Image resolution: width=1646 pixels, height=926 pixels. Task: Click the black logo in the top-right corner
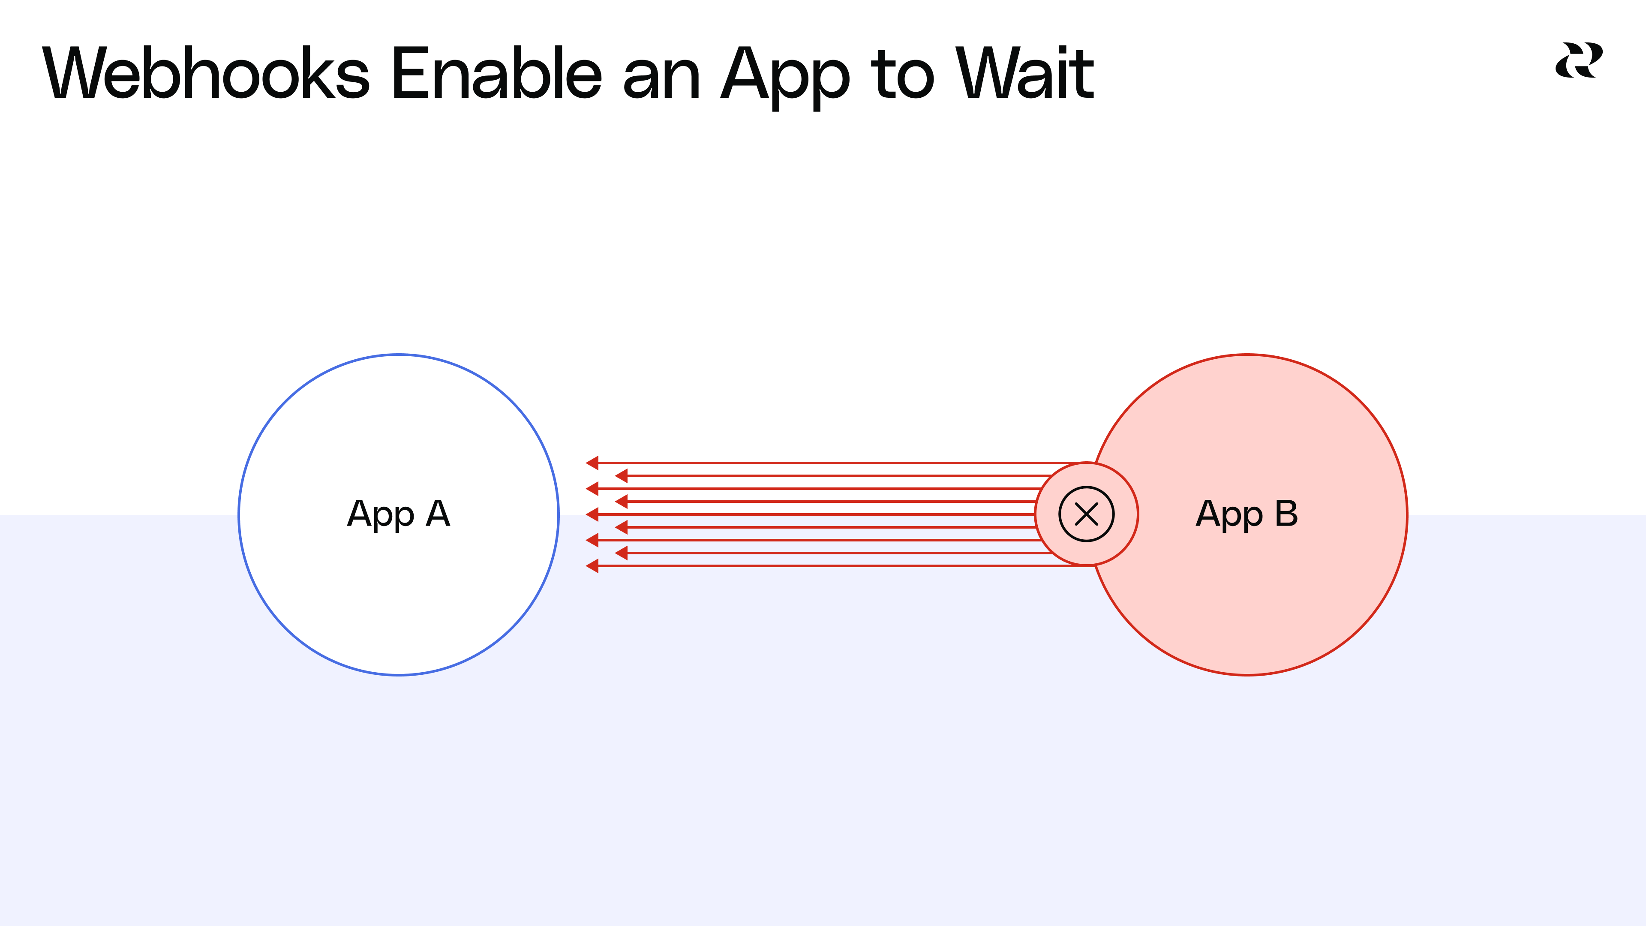pos(1578,61)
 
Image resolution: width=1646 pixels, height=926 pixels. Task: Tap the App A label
pos(399,514)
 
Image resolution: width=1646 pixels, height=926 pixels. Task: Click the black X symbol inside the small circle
pos(1086,514)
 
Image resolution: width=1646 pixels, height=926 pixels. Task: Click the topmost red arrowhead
pos(592,463)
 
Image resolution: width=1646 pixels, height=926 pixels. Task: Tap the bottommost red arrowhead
pos(592,565)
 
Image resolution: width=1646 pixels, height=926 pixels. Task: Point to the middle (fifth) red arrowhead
pos(592,514)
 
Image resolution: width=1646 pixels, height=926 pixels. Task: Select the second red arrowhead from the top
pos(621,475)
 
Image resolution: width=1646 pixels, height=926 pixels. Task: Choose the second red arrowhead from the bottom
pos(621,553)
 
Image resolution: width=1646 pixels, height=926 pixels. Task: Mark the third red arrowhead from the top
pos(592,488)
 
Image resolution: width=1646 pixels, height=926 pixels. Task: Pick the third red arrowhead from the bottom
pos(592,540)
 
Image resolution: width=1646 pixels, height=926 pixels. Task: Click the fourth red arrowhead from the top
pos(621,501)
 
